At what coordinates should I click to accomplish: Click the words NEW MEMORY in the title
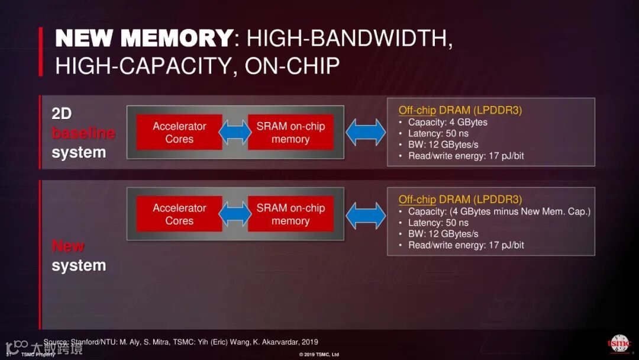click(143, 39)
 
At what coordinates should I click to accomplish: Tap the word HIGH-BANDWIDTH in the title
click(349, 39)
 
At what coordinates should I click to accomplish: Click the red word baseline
click(83, 133)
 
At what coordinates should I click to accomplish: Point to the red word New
click(68, 246)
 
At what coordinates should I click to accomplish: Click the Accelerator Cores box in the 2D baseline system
click(179, 133)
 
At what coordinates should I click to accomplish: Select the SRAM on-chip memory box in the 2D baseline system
click(291, 133)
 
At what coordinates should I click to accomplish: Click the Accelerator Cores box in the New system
click(179, 214)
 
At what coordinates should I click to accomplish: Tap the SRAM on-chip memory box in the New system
click(291, 214)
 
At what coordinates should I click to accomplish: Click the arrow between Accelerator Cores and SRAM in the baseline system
click(235, 133)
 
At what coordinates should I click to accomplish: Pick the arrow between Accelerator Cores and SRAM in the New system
click(235, 214)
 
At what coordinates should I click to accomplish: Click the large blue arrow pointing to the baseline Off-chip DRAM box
click(366, 133)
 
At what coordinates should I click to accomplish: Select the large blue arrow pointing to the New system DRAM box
click(366, 214)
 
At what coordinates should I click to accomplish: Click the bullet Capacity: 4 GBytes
click(447, 123)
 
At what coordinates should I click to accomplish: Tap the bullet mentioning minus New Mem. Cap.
click(499, 211)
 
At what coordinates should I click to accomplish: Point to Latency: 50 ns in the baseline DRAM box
click(438, 134)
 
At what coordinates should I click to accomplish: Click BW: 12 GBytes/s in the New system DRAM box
click(443, 234)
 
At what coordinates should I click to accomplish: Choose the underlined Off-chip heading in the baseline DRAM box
click(417, 110)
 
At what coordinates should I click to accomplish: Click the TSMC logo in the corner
click(619, 344)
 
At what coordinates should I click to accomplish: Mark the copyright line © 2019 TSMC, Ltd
click(319, 355)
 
